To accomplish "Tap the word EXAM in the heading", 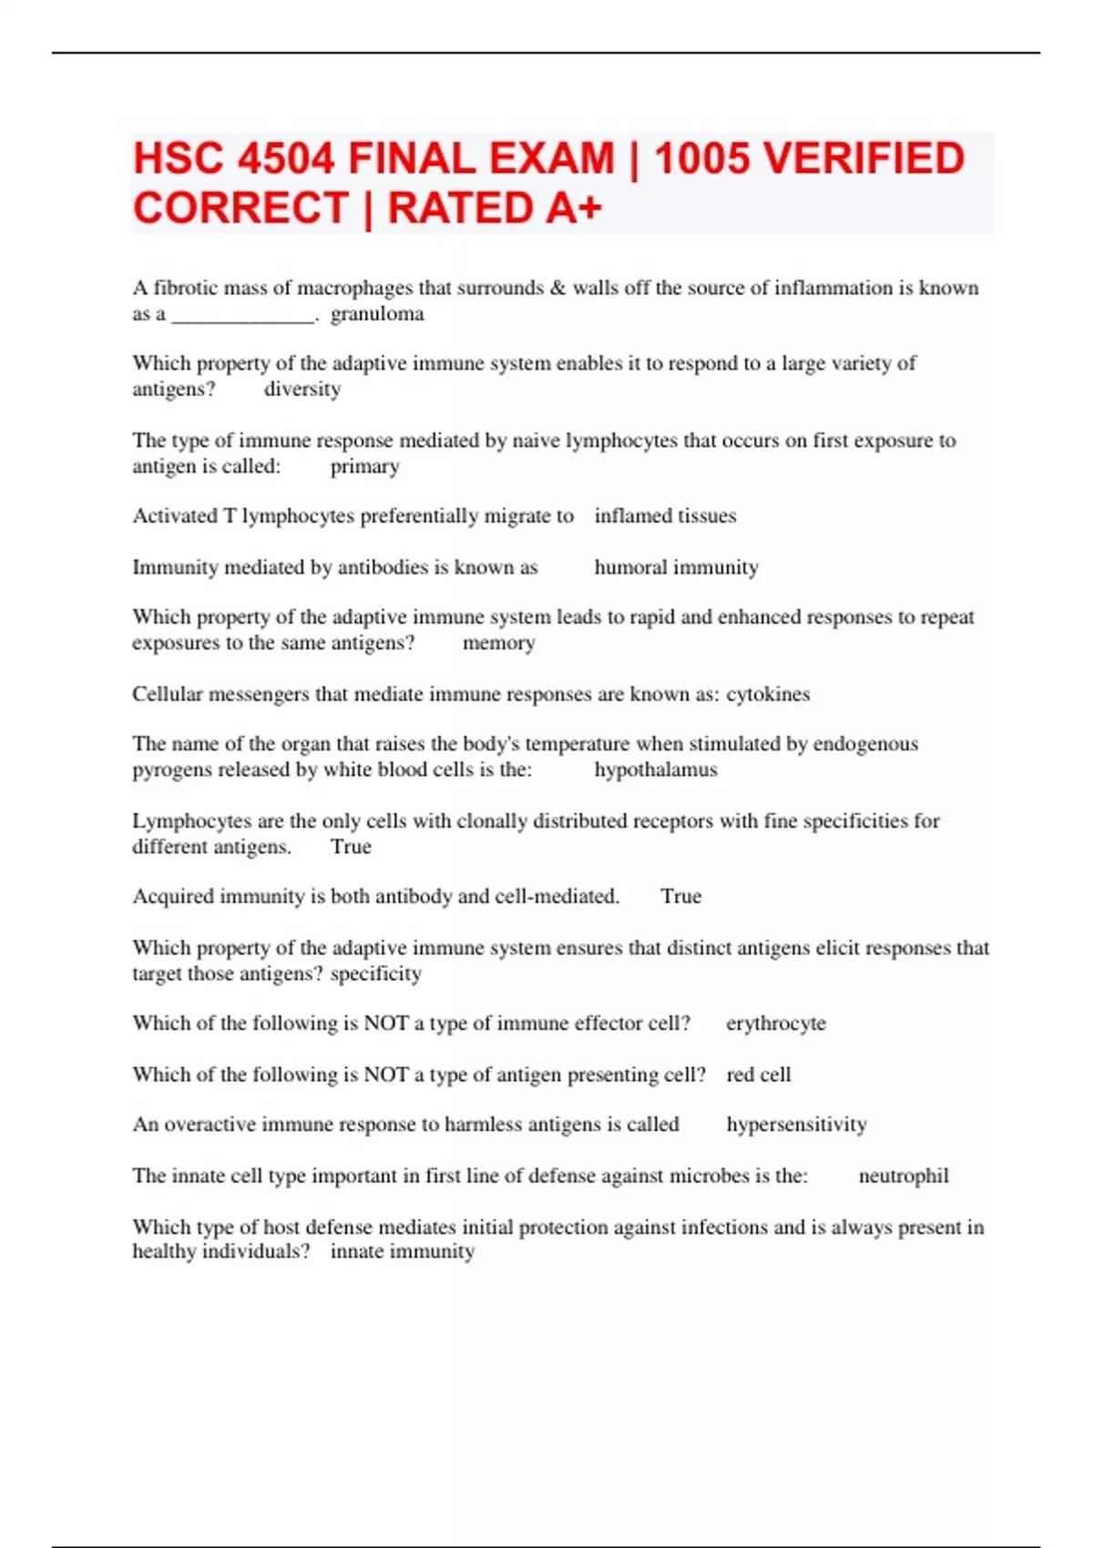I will [552, 159].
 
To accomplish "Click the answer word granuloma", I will [377, 314].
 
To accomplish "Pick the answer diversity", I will [302, 390].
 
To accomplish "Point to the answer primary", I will [364, 466].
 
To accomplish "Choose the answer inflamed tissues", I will [665, 516].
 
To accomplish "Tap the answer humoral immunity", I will [676, 567].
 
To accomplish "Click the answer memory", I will [498, 643].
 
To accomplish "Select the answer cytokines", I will [767, 694].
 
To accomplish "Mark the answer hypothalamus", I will [656, 770].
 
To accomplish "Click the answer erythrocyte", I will [775, 1024].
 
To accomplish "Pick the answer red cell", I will [758, 1074].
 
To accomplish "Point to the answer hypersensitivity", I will [796, 1125].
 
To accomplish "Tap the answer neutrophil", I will [903, 1176].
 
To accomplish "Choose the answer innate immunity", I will [402, 1252].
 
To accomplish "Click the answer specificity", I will [375, 973].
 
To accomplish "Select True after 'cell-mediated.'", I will [680, 896].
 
